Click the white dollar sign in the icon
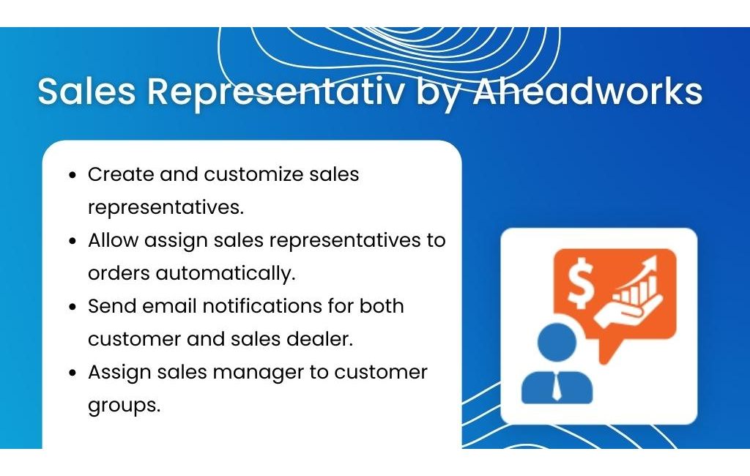[x=581, y=283]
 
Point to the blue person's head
[x=557, y=342]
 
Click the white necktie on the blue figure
[x=557, y=387]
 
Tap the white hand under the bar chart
[x=628, y=311]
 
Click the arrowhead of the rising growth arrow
[x=650, y=263]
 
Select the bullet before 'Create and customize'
[x=73, y=175]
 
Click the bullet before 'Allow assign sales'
[x=73, y=241]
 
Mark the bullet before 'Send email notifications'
[x=73, y=307]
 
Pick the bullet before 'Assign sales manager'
[x=73, y=373]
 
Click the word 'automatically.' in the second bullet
[x=226, y=274]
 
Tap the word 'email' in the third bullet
[x=169, y=306]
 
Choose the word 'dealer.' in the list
[x=319, y=339]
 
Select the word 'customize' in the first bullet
[x=253, y=174]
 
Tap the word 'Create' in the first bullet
[x=121, y=174]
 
